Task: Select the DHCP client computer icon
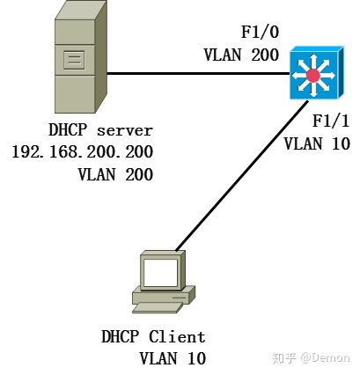[x=163, y=282]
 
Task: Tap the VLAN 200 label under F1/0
[x=241, y=55]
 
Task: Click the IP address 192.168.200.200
[x=82, y=151]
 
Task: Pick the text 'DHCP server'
[x=100, y=129]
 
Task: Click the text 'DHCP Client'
[x=153, y=337]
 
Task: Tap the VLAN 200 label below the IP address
[x=115, y=173]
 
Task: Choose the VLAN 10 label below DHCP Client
[x=173, y=357]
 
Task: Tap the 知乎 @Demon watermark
[x=311, y=357]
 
